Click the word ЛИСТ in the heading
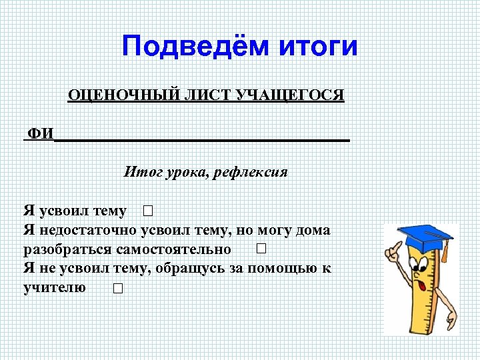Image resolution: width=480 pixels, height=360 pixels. point(197,95)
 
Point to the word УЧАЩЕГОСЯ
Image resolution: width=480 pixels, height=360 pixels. point(289,95)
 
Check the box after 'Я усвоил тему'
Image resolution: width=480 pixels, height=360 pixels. point(147,212)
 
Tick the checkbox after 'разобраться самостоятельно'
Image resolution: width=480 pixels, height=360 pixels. point(261,249)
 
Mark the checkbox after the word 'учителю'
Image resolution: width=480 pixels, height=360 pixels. point(118,289)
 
